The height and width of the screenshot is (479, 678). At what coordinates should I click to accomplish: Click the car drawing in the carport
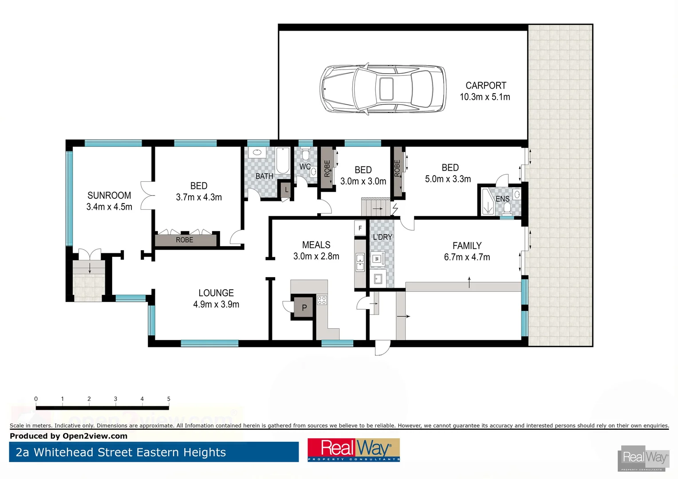click(x=382, y=89)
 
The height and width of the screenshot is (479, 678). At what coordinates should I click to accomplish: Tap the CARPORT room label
click(x=485, y=86)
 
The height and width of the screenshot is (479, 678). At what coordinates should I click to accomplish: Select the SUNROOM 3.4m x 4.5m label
click(x=109, y=201)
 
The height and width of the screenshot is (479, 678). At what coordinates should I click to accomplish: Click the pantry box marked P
click(x=304, y=307)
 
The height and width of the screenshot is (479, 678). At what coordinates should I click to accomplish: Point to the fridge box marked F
click(x=360, y=228)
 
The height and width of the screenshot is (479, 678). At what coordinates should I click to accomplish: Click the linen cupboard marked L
click(x=286, y=190)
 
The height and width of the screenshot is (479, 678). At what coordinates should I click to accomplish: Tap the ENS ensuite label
click(x=502, y=199)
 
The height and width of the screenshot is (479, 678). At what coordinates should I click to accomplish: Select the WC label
click(x=305, y=167)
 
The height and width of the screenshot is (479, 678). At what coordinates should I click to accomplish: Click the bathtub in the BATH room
click(x=283, y=161)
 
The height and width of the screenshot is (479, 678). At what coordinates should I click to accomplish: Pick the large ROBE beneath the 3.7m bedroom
click(x=185, y=240)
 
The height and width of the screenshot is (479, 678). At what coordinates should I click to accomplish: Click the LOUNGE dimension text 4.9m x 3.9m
click(x=216, y=305)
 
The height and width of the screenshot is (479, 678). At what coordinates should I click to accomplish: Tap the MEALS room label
click(x=316, y=245)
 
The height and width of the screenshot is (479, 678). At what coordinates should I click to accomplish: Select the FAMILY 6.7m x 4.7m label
click(x=467, y=251)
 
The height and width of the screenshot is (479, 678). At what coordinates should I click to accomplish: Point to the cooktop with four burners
click(x=322, y=300)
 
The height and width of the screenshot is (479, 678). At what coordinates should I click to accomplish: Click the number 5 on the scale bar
click(x=169, y=399)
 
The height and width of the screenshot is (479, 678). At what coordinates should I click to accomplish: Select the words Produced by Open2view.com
click(x=69, y=436)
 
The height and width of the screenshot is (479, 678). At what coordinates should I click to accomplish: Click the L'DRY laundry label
click(x=382, y=237)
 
